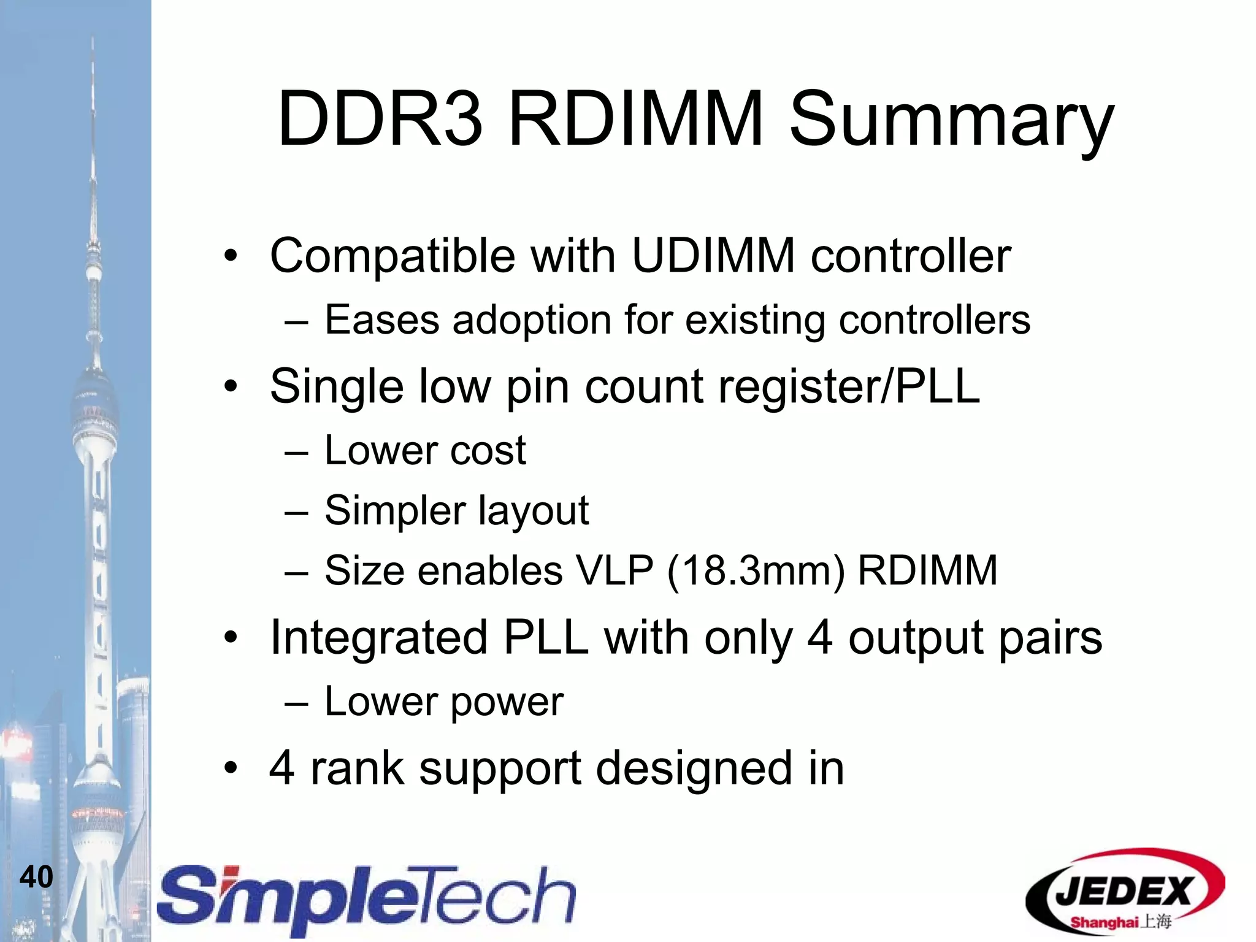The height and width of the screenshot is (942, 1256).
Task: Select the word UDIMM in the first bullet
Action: (713, 256)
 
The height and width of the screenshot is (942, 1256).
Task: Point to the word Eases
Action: (382, 320)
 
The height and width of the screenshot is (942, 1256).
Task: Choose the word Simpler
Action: (395, 511)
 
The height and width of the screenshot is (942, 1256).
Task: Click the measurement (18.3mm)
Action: (756, 571)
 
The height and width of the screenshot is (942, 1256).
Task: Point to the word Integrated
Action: (378, 638)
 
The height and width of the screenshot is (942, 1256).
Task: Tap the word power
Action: (507, 702)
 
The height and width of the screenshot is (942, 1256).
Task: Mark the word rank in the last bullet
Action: (357, 768)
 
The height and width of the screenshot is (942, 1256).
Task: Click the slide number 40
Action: (36, 876)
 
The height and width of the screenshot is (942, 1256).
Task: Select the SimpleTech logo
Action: (367, 898)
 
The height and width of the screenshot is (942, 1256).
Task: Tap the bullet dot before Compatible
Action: (230, 257)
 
